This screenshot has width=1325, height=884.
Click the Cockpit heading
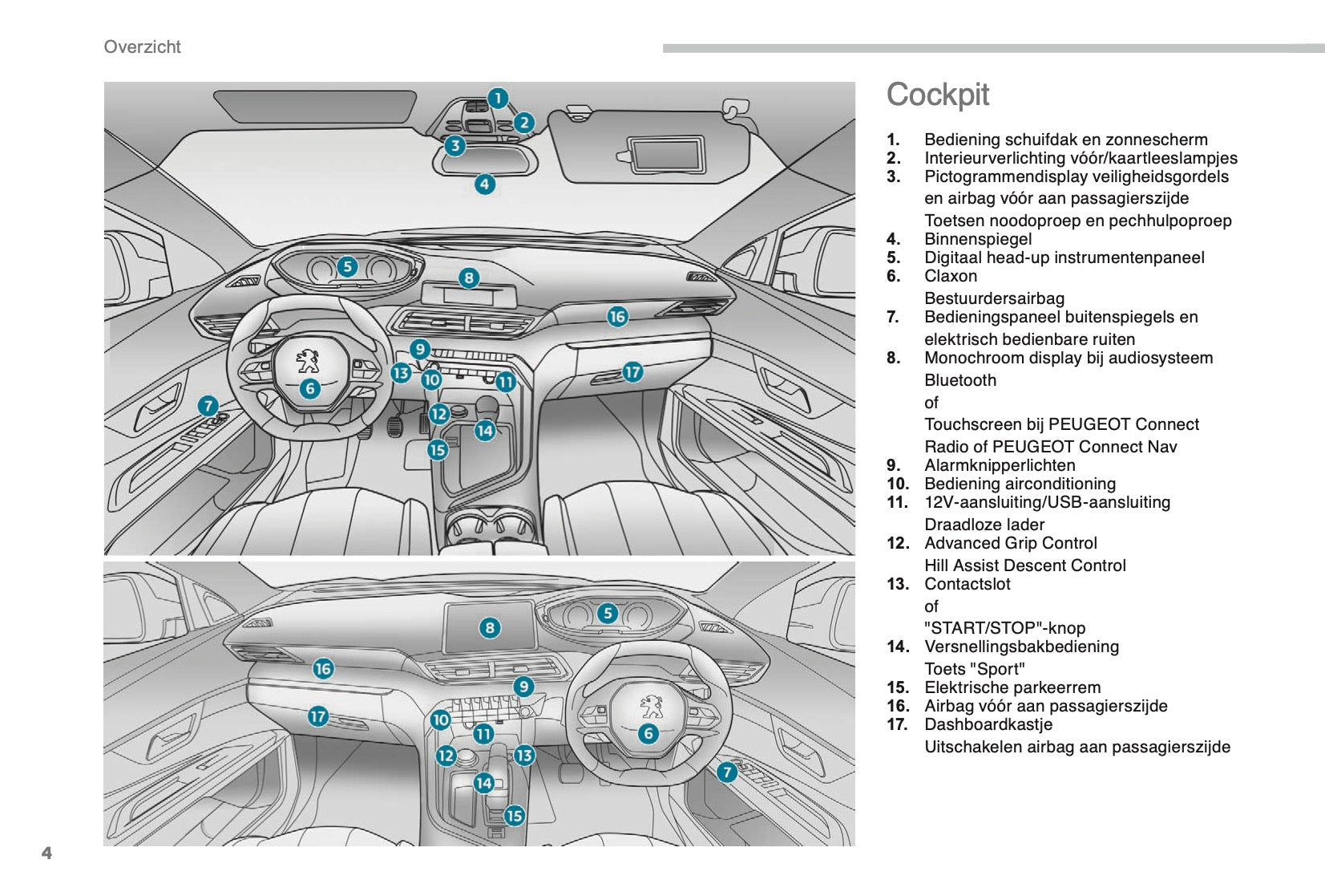937,95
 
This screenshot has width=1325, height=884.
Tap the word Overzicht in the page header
143,47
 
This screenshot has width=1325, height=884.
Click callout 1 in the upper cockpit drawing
498,99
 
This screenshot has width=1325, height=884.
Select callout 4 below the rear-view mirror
484,185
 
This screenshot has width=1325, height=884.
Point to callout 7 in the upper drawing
208,406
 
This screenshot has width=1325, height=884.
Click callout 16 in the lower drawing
323,668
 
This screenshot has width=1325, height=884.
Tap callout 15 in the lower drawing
514,815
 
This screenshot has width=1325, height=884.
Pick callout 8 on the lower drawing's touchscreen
489,628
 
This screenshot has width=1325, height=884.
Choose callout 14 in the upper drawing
484,431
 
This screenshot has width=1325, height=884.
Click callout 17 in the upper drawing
632,371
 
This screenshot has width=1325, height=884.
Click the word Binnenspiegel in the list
978,239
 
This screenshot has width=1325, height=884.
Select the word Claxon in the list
951,276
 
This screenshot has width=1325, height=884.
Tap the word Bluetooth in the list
960,380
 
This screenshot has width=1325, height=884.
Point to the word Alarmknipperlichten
1000,465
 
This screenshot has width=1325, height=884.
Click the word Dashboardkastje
988,724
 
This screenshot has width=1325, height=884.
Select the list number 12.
898,543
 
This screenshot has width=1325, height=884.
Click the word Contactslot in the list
967,584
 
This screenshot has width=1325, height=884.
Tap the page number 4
46,853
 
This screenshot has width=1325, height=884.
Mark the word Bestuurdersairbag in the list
994,298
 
